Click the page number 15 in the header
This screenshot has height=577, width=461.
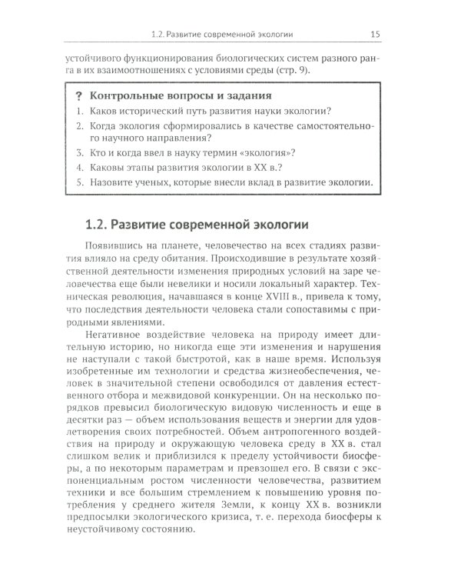pyautogui.click(x=375, y=33)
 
